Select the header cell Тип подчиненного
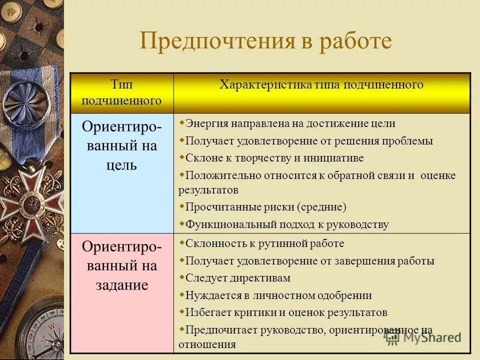point(122,93)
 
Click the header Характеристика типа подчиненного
point(321,84)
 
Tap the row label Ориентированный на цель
point(122,146)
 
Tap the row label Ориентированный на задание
point(122,265)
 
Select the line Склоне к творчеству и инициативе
point(274,158)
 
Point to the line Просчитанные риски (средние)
point(265,207)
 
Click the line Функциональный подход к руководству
point(286,224)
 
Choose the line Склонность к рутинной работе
point(264,244)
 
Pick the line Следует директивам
point(237,278)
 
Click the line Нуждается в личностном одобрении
point(278,295)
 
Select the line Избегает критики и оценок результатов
point(286,313)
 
